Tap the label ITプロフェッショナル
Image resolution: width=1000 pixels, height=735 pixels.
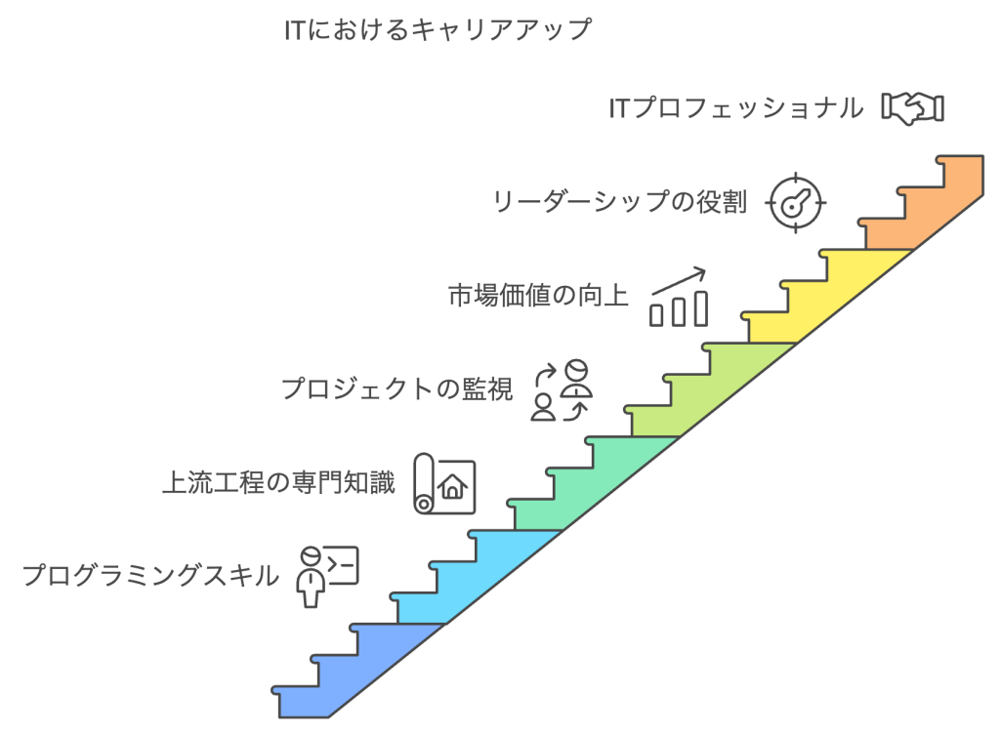(x=735, y=107)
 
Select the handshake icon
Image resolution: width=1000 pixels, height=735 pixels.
(x=913, y=106)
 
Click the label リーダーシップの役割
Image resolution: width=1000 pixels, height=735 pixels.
(x=619, y=203)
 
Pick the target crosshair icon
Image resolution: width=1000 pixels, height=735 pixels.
(x=796, y=203)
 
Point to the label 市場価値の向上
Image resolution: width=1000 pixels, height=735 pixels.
(x=538, y=296)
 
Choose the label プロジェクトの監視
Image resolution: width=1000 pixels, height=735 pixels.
(x=396, y=389)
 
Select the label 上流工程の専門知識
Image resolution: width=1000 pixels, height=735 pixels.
(x=278, y=482)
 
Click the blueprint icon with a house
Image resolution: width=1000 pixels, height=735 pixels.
(x=444, y=483)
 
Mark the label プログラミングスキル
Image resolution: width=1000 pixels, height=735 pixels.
(x=150, y=576)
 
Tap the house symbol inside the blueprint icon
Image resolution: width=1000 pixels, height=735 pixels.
(x=453, y=486)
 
